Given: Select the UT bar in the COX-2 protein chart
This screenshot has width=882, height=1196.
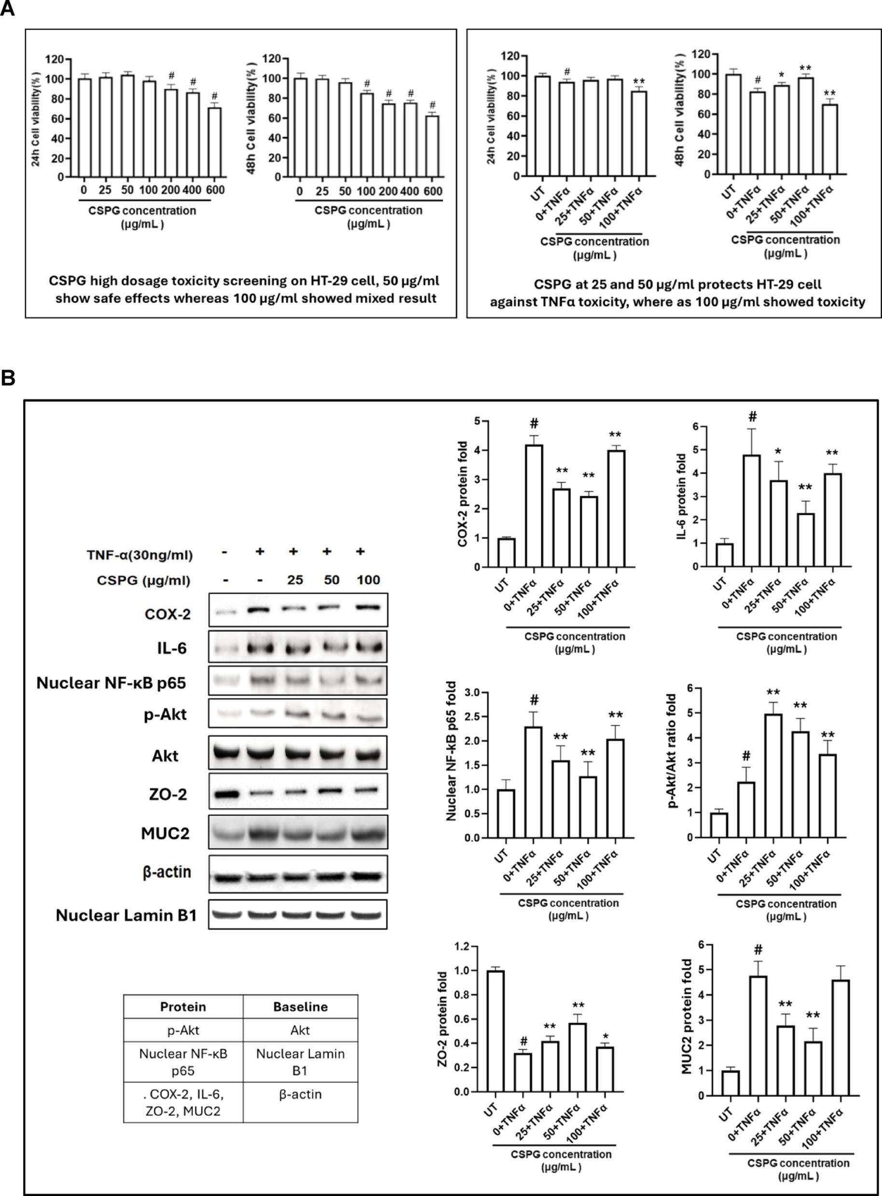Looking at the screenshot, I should point(507,552).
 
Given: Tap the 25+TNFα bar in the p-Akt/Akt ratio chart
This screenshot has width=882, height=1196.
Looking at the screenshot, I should point(773,775).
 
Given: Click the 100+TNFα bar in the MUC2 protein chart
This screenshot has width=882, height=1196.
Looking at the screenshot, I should point(841,1037).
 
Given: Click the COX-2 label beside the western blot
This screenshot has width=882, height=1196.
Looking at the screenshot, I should point(167,614).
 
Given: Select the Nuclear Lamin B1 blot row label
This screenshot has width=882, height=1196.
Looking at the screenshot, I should point(126,915).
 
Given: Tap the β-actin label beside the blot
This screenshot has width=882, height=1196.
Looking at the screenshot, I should point(166,871).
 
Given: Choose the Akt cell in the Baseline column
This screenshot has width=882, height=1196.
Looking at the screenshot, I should point(300,1030).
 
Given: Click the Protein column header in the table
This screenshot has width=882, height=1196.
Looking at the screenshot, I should point(183,1006).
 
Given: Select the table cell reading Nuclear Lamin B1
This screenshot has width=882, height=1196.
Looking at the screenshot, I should point(300,1062).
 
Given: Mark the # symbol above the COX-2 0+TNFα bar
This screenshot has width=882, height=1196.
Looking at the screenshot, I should point(534,424).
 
